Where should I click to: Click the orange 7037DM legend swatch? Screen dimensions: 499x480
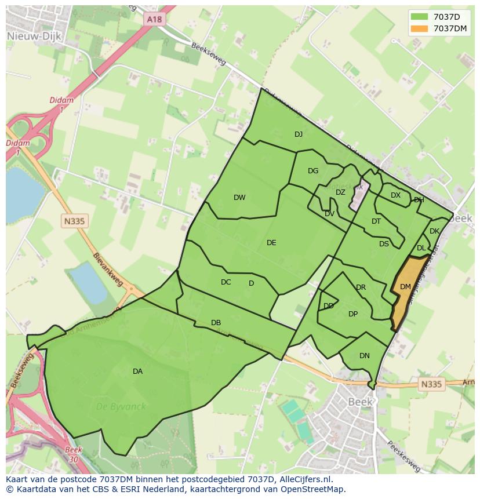pos(420,28)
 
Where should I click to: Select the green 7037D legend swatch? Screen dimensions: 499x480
pos(420,16)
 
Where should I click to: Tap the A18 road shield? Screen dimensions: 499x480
pos(155,19)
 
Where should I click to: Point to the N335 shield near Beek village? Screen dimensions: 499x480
pos(430,384)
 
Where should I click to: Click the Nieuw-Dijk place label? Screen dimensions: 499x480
pos(27,36)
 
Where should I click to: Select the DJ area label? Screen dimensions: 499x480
pos(299,134)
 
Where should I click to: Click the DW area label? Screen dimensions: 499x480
pos(239,198)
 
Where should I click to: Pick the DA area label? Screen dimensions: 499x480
pos(137,371)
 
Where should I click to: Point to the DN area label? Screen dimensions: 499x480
pos(364,356)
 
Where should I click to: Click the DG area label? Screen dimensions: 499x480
pos(313,171)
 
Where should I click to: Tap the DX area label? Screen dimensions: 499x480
pos(395,195)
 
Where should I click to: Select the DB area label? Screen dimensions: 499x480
pos(216,323)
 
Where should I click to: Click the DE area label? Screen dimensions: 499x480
pos(271,243)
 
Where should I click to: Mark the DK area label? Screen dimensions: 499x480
pos(434,231)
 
